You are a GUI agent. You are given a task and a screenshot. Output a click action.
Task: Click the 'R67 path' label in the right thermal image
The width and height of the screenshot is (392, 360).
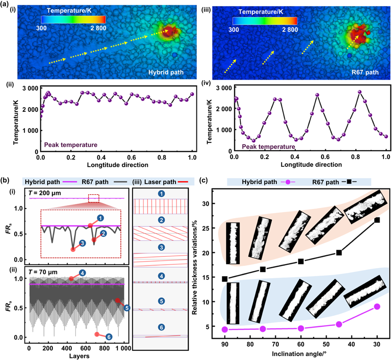365,72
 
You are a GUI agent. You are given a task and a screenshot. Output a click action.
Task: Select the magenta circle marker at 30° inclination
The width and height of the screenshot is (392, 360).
377,306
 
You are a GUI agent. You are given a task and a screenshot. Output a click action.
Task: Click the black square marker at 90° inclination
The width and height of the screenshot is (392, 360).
225,279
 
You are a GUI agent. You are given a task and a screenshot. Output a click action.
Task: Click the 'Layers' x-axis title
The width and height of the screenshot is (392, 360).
76,356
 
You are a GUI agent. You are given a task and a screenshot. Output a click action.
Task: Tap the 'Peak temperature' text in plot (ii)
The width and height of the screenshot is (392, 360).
71,145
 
